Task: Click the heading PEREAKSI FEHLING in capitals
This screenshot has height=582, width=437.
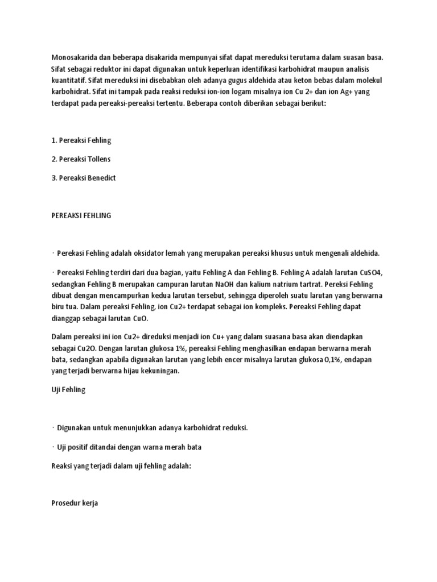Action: (x=81, y=215)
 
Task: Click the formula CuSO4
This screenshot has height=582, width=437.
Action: (x=370, y=272)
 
